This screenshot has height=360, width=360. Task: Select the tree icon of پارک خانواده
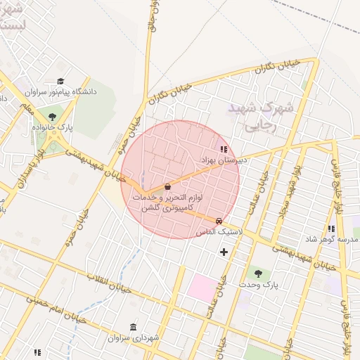(x=52, y=117)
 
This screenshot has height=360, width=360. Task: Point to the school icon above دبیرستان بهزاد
(x=224, y=149)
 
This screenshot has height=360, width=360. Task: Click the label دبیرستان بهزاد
(x=224, y=160)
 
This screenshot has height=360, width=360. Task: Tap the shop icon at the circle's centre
(x=167, y=187)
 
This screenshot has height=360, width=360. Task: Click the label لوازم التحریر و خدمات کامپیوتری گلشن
(x=167, y=203)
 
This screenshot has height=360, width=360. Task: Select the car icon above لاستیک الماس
(x=219, y=221)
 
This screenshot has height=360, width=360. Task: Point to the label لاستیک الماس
(x=221, y=231)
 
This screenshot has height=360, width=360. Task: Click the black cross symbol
(x=224, y=252)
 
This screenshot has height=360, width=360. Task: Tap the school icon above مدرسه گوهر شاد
(x=330, y=229)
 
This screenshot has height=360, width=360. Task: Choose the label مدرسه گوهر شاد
(x=330, y=240)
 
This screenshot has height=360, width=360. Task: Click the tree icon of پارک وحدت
(x=257, y=273)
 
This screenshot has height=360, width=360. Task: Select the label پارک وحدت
(x=258, y=285)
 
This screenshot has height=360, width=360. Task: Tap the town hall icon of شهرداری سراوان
(x=134, y=327)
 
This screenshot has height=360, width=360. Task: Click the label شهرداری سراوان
(x=134, y=338)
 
